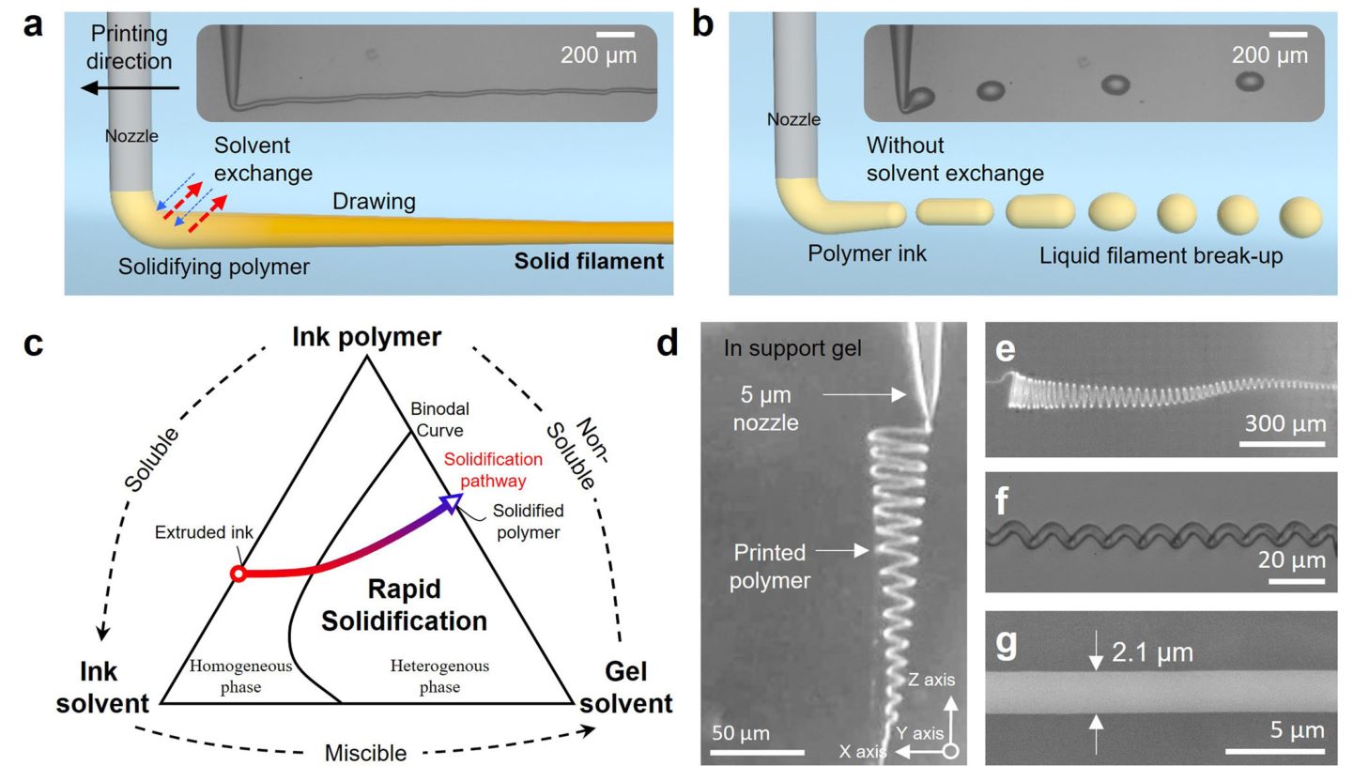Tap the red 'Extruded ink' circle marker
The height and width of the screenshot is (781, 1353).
[238, 573]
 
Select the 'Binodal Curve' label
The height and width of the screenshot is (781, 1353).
[439, 420]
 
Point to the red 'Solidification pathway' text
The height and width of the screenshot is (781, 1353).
[493, 469]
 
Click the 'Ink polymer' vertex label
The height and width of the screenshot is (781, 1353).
[366, 337]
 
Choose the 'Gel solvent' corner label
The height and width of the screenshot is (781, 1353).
[626, 687]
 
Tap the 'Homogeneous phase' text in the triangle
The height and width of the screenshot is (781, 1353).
[240, 676]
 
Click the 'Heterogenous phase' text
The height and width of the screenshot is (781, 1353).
[439, 676]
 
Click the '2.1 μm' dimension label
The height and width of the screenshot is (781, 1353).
[1152, 651]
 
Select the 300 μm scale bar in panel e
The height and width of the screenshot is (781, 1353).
[1283, 443]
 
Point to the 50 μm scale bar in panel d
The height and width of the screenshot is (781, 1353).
[757, 752]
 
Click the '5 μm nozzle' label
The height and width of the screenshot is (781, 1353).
[767, 409]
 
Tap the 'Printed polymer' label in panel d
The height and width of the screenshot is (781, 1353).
[770, 566]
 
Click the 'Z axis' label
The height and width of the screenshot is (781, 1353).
[930, 680]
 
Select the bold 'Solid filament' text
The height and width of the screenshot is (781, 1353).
[589, 261]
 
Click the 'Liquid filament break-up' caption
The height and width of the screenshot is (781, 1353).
[1161, 255]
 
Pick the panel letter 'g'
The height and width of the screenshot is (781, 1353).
[1005, 644]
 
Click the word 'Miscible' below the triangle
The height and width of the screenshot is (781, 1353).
[366, 753]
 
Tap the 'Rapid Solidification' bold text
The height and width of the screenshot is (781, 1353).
[404, 605]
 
